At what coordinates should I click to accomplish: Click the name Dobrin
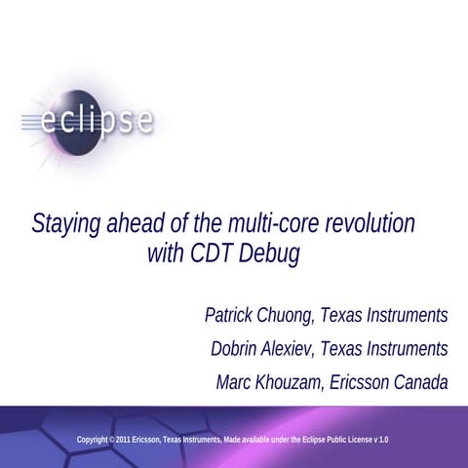coord(239,348)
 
